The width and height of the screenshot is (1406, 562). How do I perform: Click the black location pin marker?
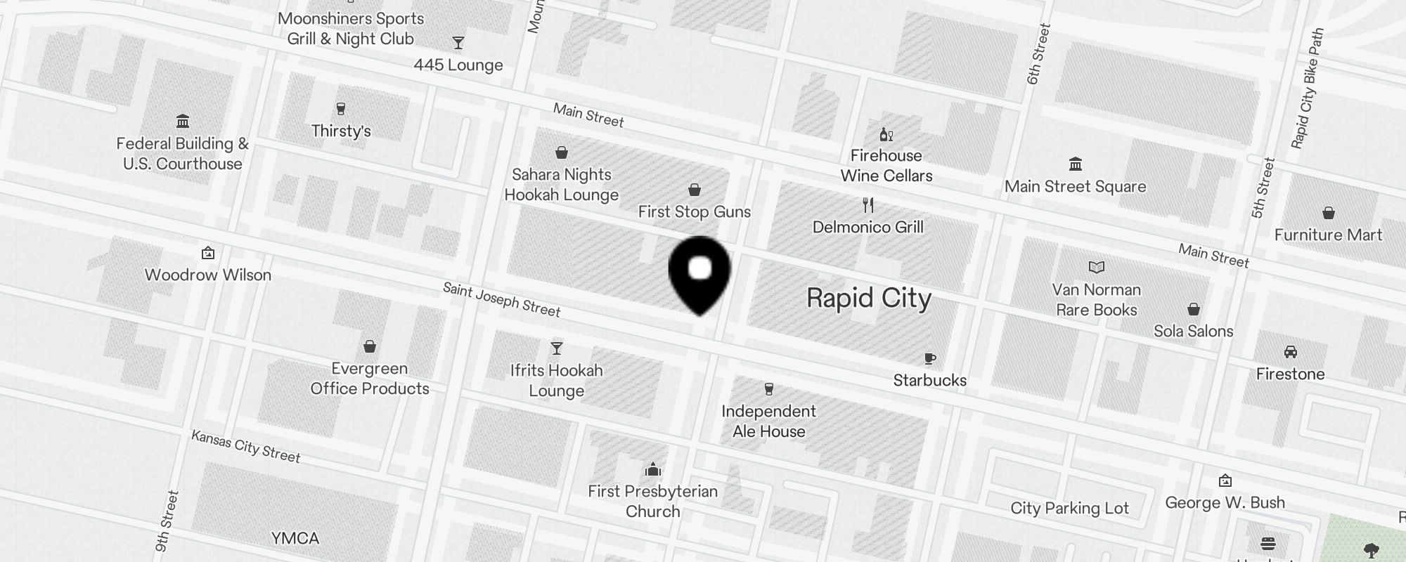point(699,273)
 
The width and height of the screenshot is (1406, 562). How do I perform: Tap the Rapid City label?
point(869,298)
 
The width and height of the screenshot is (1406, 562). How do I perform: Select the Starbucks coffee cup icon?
point(929,359)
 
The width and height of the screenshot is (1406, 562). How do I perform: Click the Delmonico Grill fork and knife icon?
point(868,205)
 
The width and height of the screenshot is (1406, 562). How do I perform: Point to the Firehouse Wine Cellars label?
point(886,166)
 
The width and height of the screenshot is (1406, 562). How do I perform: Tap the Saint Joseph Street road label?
point(501,300)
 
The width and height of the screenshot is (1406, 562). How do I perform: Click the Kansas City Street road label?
point(246,447)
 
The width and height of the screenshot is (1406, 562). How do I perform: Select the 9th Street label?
point(167,521)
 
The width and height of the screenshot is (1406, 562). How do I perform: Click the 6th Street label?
point(1038,54)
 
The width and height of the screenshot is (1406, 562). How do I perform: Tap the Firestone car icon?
point(1290,352)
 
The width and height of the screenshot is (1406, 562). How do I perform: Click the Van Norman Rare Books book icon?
point(1096,267)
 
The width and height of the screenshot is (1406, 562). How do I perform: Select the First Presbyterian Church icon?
point(653,469)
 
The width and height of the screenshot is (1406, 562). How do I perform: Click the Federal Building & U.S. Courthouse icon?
point(183,121)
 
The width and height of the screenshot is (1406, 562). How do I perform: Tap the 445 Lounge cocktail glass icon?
point(458,43)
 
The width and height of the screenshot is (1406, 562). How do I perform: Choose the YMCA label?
point(295,538)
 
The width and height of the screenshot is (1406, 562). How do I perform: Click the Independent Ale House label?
point(768,421)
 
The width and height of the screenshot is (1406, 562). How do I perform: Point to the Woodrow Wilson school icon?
point(207,253)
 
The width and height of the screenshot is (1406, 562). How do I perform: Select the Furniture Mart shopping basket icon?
point(1328,213)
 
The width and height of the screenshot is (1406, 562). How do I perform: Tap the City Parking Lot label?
point(1069,508)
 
